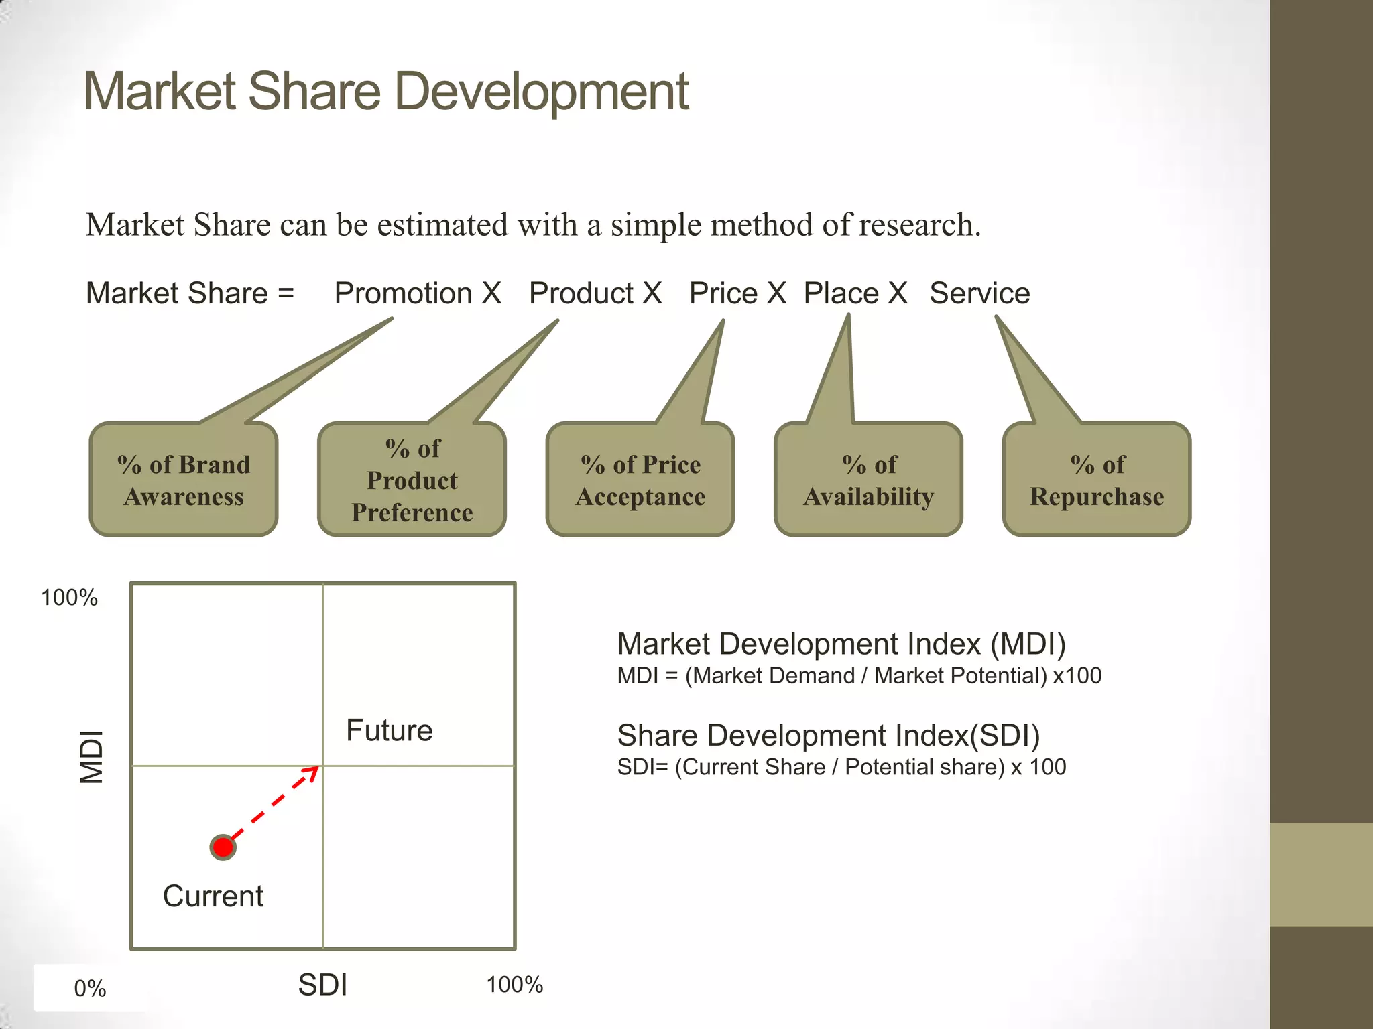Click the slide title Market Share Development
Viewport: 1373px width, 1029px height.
click(385, 92)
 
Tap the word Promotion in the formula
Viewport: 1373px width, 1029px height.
click(403, 293)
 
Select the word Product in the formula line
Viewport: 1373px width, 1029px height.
click(581, 293)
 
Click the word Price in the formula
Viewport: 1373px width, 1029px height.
click(723, 293)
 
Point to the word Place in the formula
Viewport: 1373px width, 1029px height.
click(841, 293)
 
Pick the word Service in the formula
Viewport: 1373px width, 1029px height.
click(979, 293)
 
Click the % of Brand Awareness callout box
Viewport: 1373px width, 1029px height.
click(184, 480)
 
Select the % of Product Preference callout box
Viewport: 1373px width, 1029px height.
click(412, 480)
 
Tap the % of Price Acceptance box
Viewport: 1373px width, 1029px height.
click(640, 480)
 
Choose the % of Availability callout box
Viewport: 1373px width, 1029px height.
click(868, 480)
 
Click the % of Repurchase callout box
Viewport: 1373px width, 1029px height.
click(1097, 480)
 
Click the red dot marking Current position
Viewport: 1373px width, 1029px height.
click(223, 847)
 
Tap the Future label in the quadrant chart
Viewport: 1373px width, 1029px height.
click(389, 730)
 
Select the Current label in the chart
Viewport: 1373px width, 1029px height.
click(213, 896)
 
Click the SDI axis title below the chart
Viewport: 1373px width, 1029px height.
click(322, 985)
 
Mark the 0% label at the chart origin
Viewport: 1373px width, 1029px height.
click(90, 989)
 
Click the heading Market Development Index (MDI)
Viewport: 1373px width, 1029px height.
click(841, 644)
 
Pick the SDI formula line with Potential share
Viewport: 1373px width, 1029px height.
click(841, 767)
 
